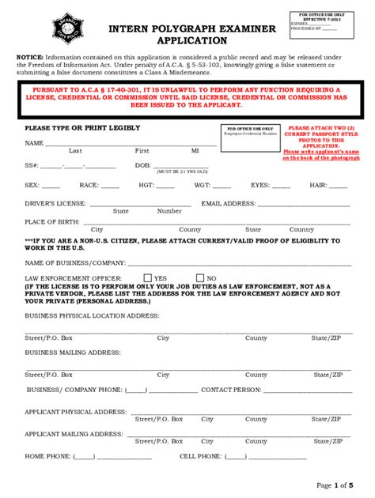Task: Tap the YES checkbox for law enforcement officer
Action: [x=147, y=278]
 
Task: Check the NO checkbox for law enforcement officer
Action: [x=199, y=278]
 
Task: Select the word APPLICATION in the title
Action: [x=192, y=41]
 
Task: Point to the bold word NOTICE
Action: [x=29, y=58]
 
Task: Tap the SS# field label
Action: [x=32, y=165]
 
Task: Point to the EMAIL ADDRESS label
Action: [x=229, y=203]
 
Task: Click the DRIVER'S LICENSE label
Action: [x=55, y=203]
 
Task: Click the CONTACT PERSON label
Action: [x=231, y=390]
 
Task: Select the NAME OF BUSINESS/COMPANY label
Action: [x=75, y=262]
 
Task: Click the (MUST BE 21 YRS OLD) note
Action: [x=181, y=172]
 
